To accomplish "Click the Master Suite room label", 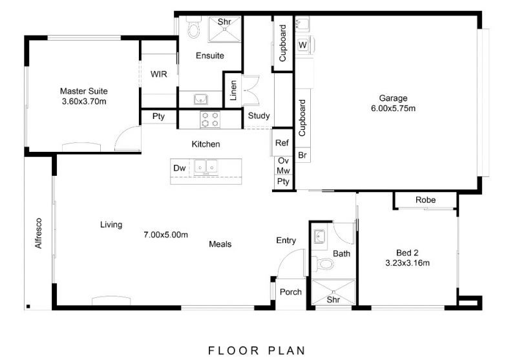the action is [84, 91].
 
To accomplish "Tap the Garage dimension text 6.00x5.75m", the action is [393, 109].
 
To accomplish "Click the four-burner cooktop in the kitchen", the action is [210, 120].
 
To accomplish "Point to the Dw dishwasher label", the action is [180, 168].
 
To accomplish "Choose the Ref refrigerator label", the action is [282, 143].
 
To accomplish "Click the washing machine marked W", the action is [303, 45].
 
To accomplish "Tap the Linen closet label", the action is [233, 90].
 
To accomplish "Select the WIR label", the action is [159, 74].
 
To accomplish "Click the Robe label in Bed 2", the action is [425, 200].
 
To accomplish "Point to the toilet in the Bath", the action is [322, 264].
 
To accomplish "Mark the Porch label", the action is [290, 291].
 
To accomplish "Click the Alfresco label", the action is [39, 233].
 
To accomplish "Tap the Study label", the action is [259, 116].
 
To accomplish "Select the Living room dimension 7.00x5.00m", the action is [165, 235].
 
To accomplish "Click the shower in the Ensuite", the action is [224, 29].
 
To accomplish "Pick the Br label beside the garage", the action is [302, 155].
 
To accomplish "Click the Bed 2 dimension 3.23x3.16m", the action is [408, 263].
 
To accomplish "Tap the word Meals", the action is [220, 244].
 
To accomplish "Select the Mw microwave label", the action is [283, 171].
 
